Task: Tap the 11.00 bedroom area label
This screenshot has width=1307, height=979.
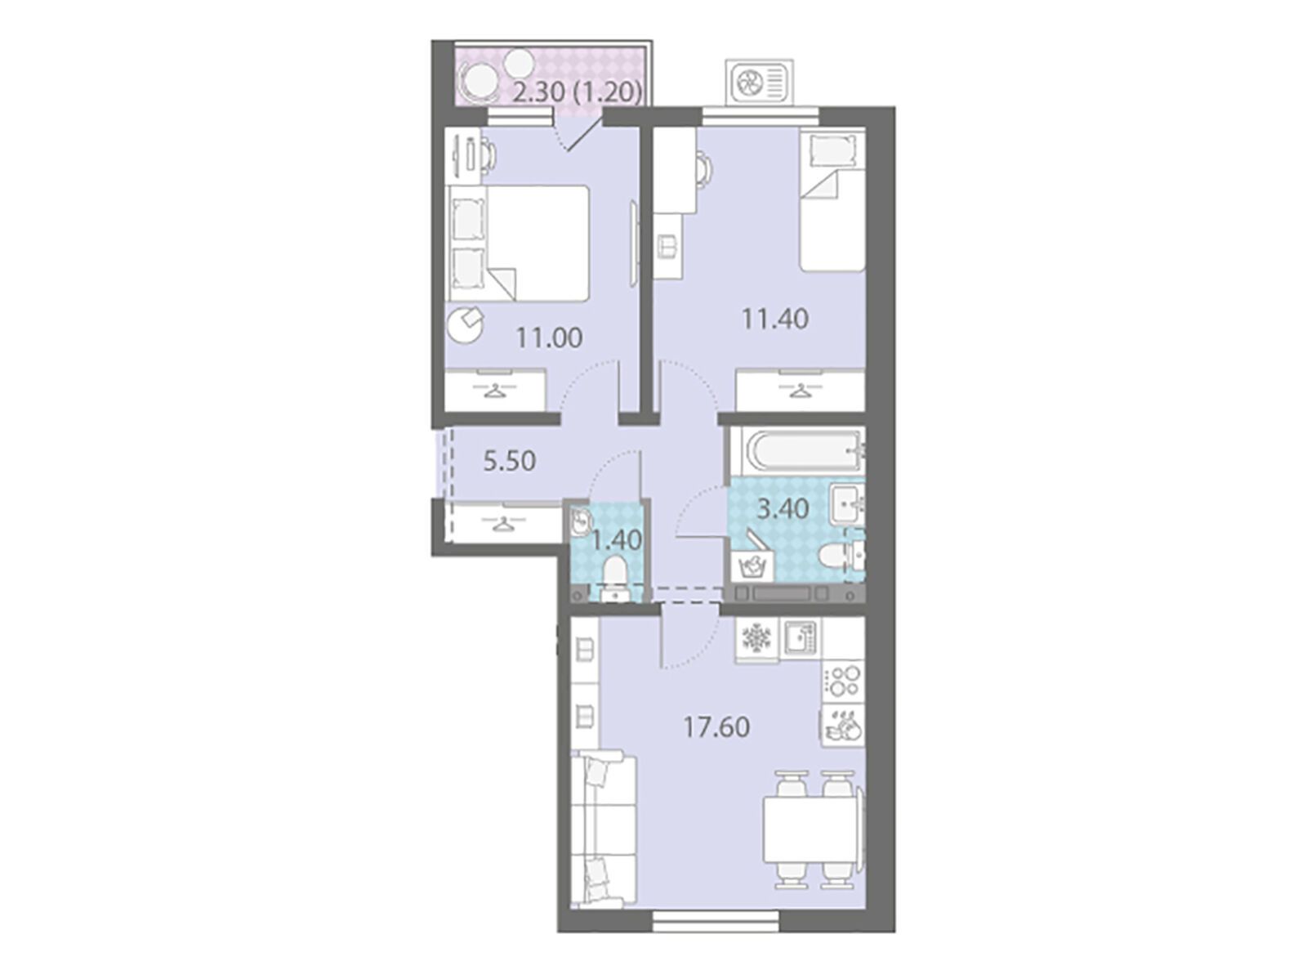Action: click(549, 338)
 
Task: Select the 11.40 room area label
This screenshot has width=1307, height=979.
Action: click(774, 320)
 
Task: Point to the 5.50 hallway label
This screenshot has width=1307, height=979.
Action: click(510, 461)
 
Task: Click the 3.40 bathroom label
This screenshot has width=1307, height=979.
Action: click(783, 509)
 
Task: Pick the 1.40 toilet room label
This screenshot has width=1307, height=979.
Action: click(616, 540)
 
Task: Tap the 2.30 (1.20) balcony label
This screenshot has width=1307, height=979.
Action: click(577, 93)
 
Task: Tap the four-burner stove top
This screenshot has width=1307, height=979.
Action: click(843, 682)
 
